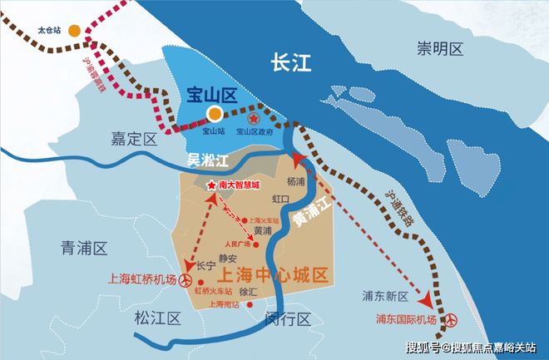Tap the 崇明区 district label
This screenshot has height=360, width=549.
click(439, 50)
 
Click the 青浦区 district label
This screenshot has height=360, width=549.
click(85, 248)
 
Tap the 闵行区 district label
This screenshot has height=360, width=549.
click(285, 320)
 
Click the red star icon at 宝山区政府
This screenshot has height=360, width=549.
click(255, 114)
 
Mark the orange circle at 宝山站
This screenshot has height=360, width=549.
click(215, 114)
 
